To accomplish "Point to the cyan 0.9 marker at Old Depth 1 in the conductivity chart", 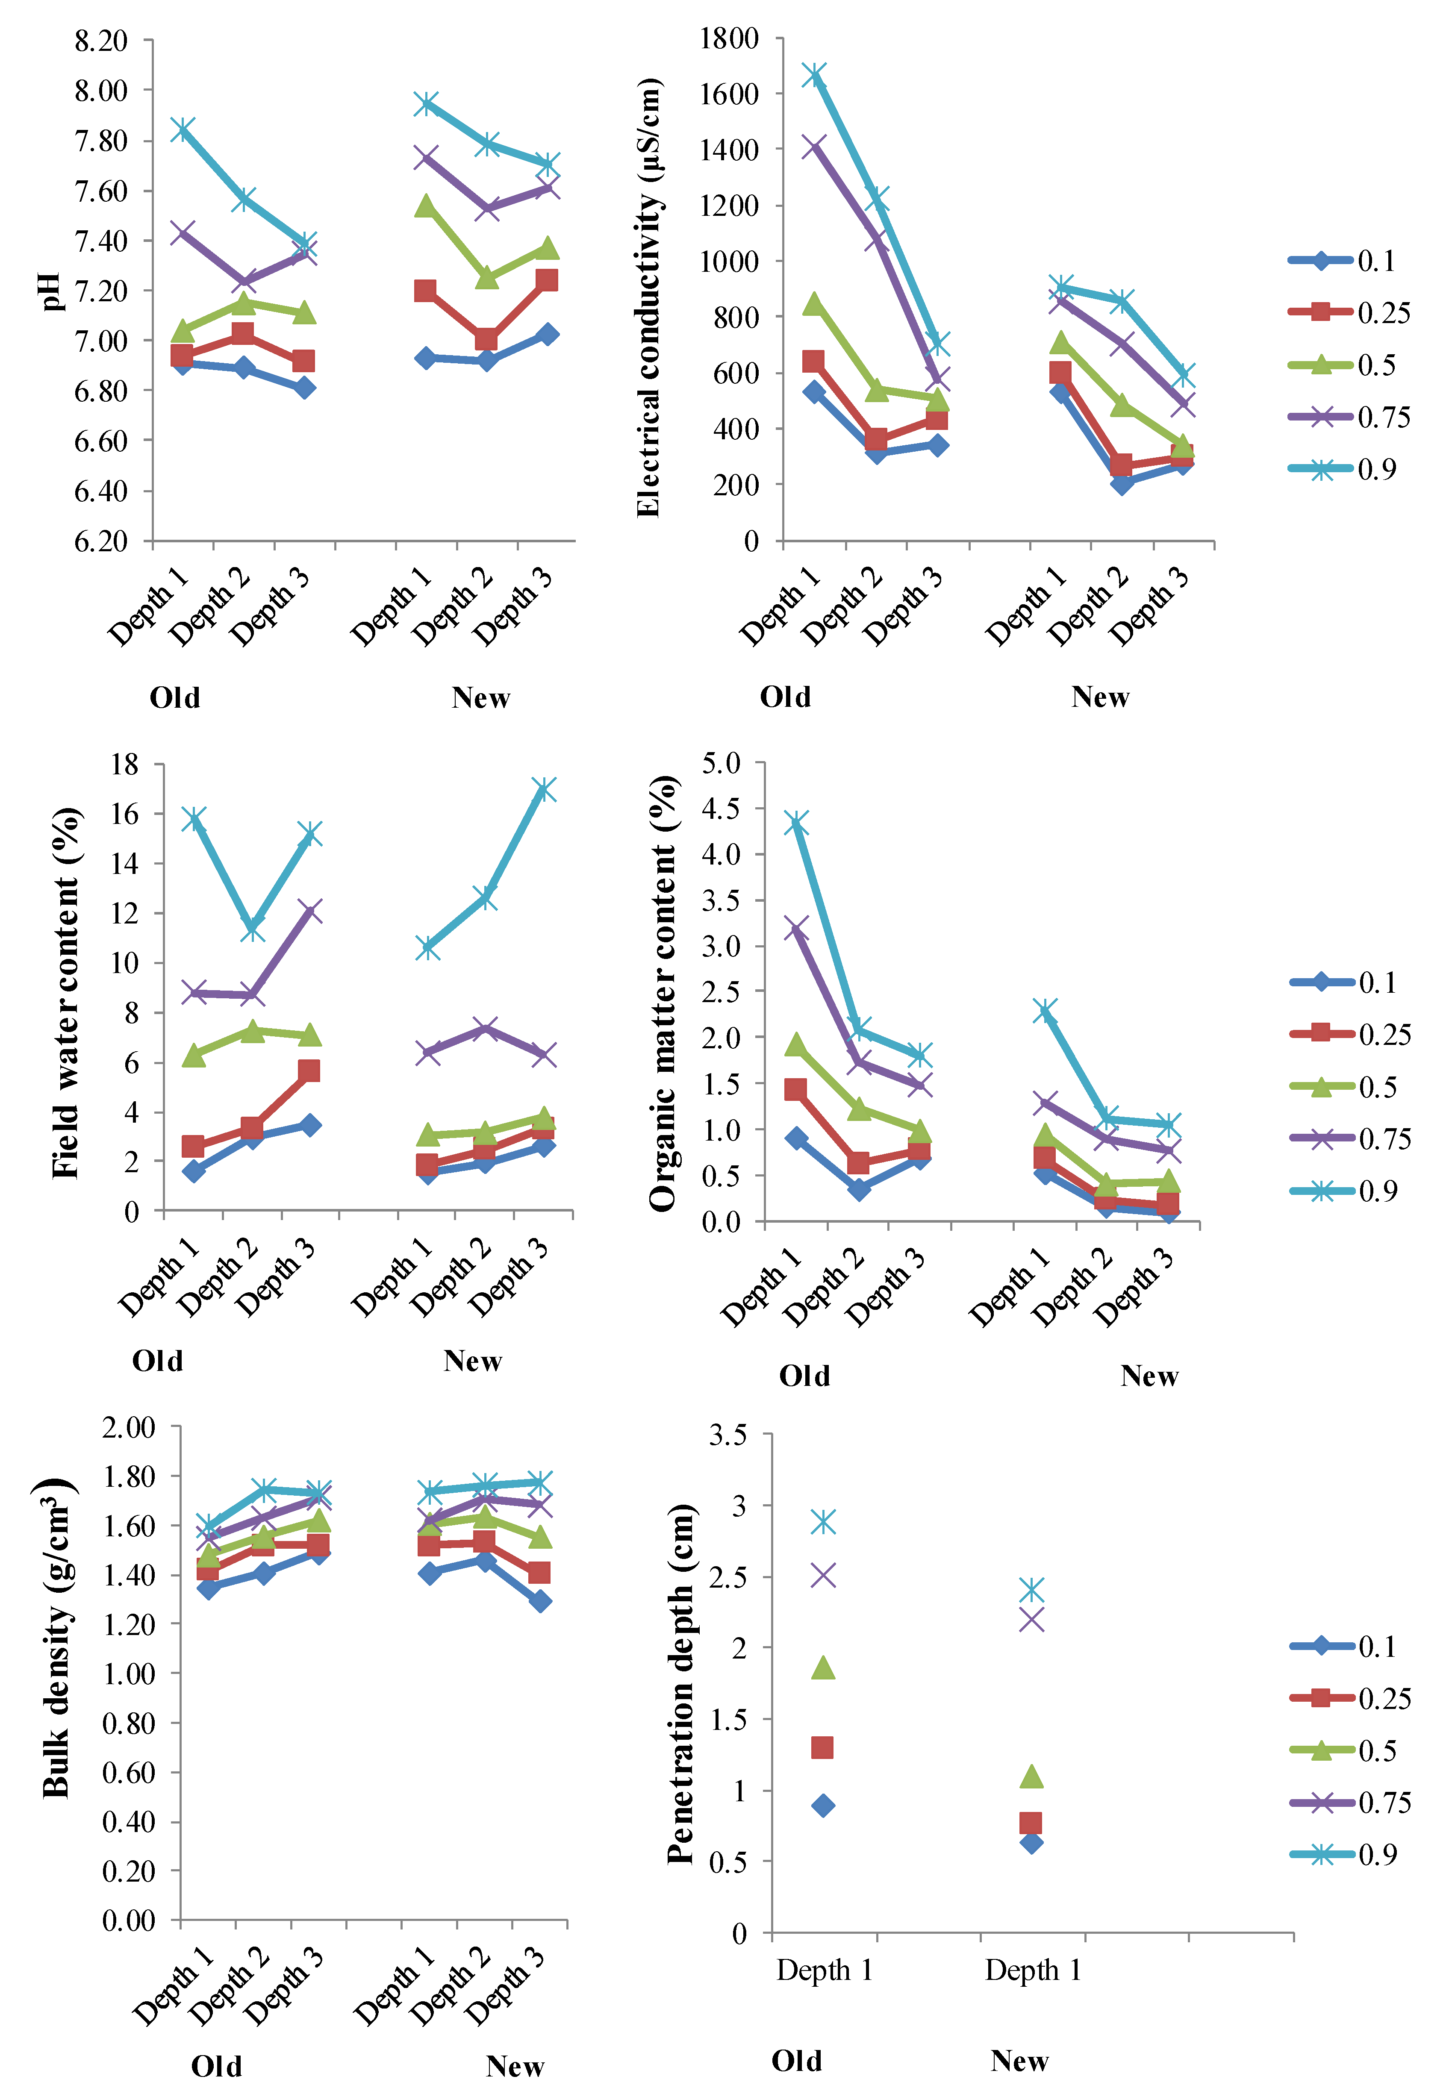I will pyautogui.click(x=814, y=74).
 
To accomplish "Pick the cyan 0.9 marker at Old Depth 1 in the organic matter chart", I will pyautogui.click(x=797, y=823).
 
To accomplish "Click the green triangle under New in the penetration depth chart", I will pyautogui.click(x=1031, y=1775).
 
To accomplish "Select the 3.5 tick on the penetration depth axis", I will pyautogui.click(x=728, y=1434).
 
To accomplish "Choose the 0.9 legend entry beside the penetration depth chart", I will pyautogui.click(x=1350, y=1854).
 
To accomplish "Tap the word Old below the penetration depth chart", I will pyautogui.click(x=796, y=2061).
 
